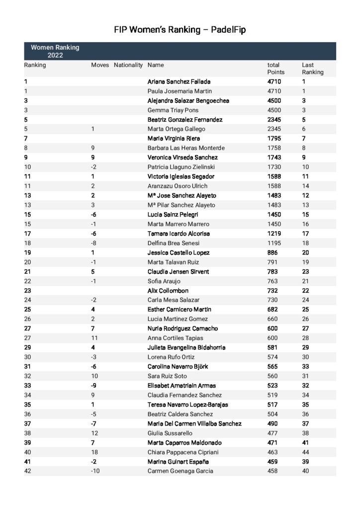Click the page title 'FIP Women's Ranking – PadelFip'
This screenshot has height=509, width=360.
(180, 30)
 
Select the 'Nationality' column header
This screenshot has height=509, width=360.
(128, 65)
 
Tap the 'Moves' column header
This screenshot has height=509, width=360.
(100, 65)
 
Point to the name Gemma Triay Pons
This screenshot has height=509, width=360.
(173, 110)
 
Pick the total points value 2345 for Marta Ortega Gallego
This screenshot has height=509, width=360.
(274, 129)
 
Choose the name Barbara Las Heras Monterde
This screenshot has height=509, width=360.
(186, 148)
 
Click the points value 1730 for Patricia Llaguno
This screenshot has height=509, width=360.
(274, 167)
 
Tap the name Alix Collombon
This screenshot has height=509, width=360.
(168, 291)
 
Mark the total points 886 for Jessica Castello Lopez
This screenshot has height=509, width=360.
(272, 253)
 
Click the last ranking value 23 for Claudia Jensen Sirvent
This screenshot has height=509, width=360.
(305, 271)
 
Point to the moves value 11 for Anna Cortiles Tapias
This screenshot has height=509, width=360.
(94, 338)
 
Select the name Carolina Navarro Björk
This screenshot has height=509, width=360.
(178, 367)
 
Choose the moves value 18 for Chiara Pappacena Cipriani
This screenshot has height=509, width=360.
(94, 452)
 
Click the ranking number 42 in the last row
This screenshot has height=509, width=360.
(27, 471)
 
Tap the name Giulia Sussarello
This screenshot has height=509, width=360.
(171, 433)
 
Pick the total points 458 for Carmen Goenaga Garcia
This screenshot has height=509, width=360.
(272, 471)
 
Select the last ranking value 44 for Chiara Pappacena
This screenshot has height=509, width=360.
(305, 452)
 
